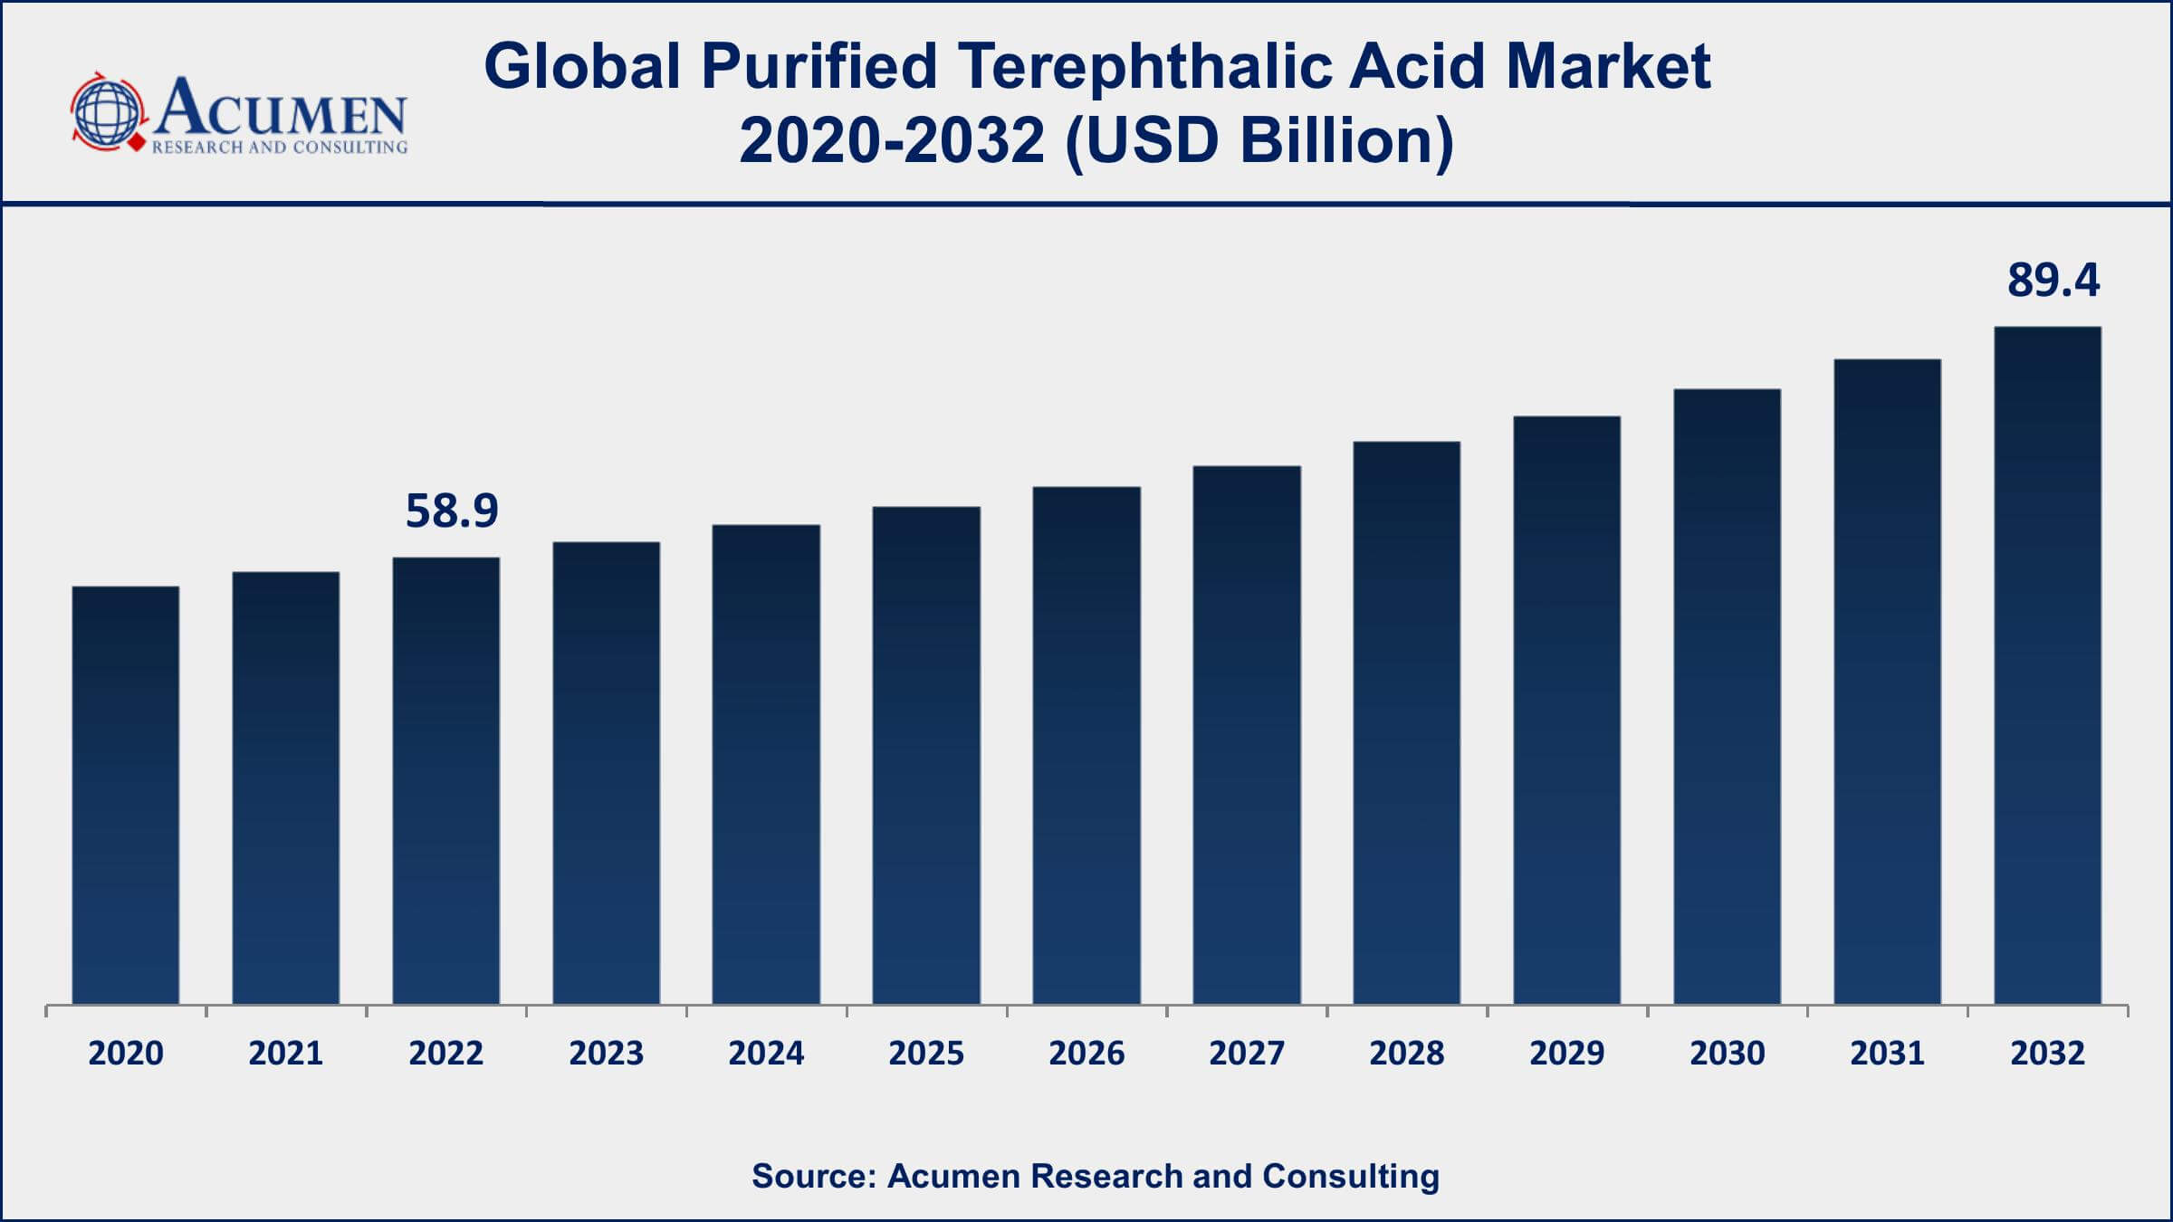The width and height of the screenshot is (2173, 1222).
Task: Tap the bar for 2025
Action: (926, 755)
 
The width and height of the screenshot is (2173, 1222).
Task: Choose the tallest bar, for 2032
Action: (2047, 665)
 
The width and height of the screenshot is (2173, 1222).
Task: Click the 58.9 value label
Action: (452, 511)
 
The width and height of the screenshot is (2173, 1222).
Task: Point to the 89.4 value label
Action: (2053, 280)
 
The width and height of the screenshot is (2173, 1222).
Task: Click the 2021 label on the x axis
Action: (286, 1053)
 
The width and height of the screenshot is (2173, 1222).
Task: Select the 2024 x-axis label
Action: (766, 1053)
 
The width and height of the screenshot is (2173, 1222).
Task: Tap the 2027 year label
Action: (1246, 1053)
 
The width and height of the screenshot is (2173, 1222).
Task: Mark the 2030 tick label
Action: (1727, 1053)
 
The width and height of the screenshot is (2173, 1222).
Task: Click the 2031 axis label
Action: (1887, 1053)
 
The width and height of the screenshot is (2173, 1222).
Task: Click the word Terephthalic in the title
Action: (1145, 67)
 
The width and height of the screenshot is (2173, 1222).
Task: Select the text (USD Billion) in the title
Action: (1259, 141)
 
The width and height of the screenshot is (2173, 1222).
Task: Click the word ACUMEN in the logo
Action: (281, 107)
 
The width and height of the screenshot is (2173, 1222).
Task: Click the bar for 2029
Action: (1566, 710)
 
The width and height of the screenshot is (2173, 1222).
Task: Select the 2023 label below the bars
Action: (606, 1053)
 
